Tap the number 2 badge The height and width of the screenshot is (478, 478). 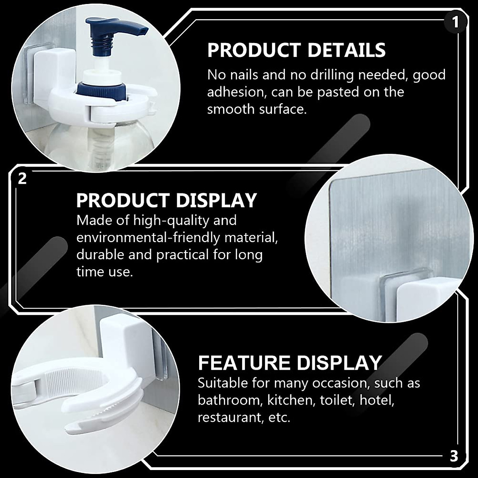point(22,178)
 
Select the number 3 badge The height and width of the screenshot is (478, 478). point(454,456)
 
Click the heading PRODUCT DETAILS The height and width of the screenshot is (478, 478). point(296,51)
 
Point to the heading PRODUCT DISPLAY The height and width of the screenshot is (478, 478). point(167,201)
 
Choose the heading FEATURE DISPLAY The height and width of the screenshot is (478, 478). point(290,363)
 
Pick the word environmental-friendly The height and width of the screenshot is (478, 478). point(148,238)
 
